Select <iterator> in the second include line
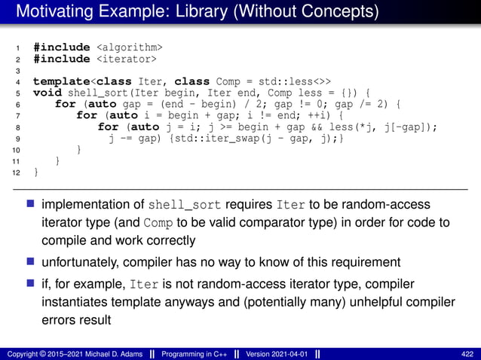pyautogui.click(x=126, y=59)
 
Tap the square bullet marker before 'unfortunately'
pyautogui.click(x=32, y=262)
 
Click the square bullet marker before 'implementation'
pyautogui.click(x=32, y=205)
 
